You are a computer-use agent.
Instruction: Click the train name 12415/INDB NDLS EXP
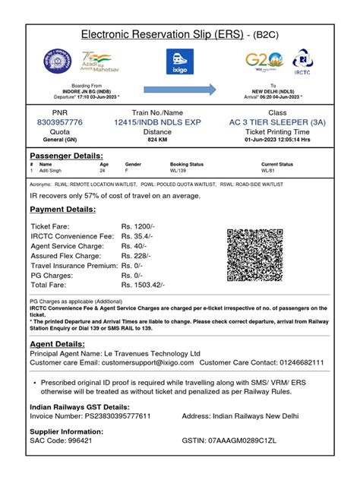click(x=157, y=122)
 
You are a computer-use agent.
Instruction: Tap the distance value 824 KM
click(x=157, y=141)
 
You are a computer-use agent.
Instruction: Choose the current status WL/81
click(x=270, y=171)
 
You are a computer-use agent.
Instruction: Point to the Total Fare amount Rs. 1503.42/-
click(x=143, y=284)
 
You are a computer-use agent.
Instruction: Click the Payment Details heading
click(x=62, y=209)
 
